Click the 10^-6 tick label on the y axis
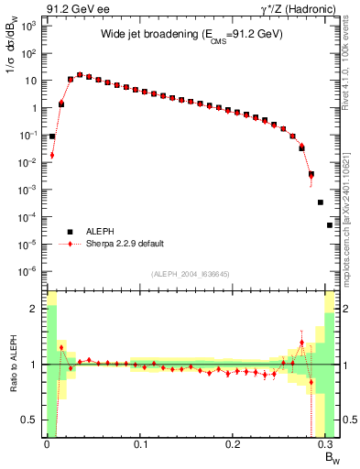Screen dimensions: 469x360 click(x=29, y=271)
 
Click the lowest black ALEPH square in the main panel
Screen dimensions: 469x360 click(x=330, y=224)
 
